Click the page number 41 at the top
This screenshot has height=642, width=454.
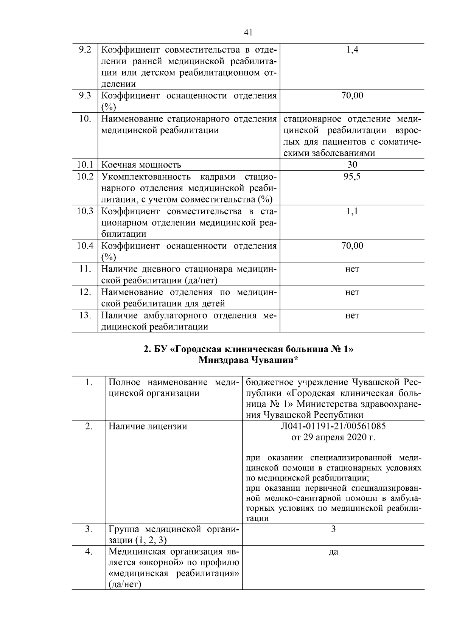point(248,33)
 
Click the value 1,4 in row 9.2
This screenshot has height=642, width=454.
point(352,50)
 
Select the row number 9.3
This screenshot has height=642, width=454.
point(85,95)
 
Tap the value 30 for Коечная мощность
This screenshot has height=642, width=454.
point(352,165)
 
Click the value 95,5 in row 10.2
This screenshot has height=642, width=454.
point(352,177)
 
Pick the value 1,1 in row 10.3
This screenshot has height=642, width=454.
point(352,211)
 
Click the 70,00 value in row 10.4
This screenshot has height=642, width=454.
point(352,246)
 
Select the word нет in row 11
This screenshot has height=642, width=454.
point(352,269)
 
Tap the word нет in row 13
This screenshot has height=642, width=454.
point(352,316)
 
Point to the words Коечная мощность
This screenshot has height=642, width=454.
point(141,165)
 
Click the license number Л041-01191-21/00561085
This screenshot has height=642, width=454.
point(333,426)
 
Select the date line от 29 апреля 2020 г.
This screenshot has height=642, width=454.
point(333,438)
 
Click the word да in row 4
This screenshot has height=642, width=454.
point(333,552)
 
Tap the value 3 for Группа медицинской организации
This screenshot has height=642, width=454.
point(333,529)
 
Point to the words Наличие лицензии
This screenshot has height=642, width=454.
point(148,426)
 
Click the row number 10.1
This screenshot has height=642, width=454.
point(85,165)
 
